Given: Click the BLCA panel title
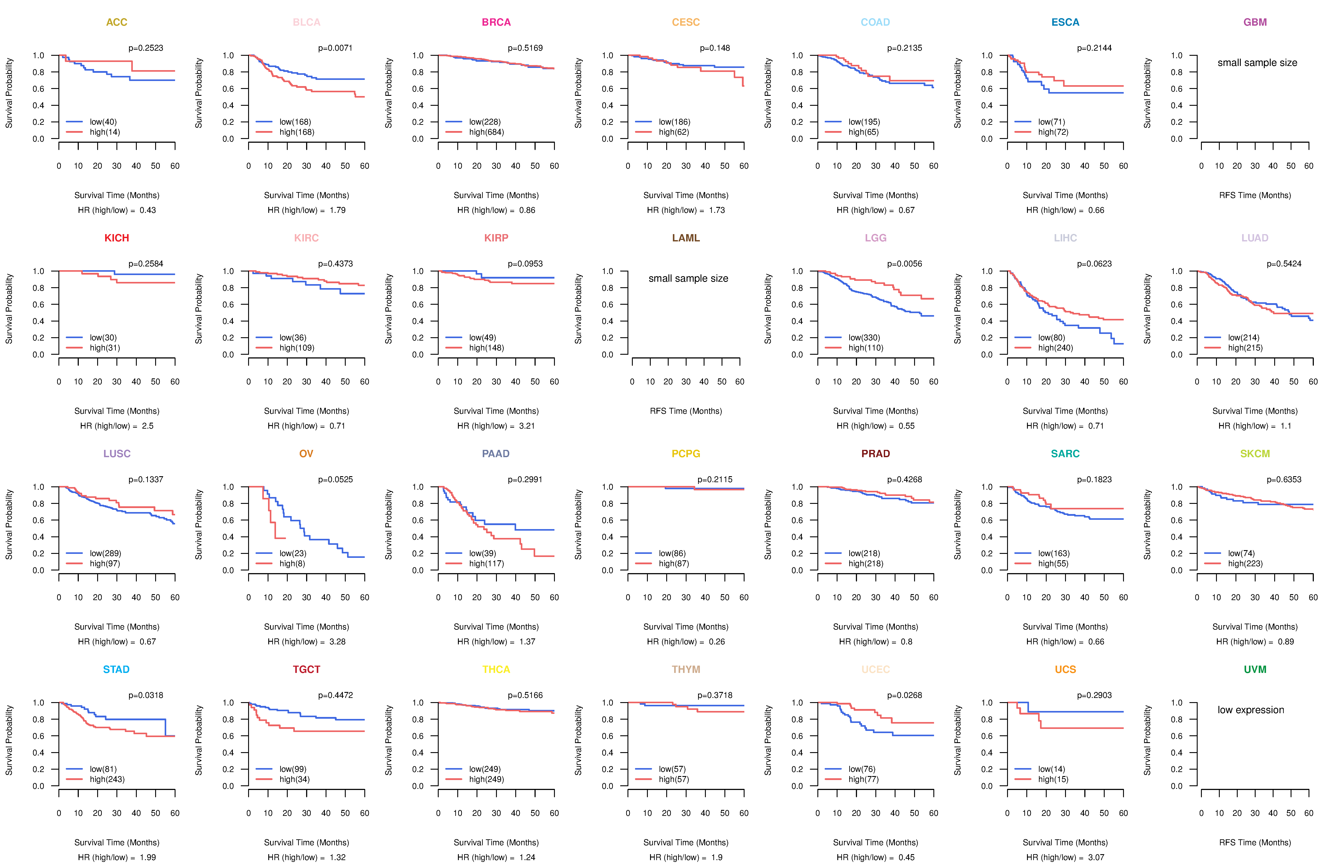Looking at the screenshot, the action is pos(306,22).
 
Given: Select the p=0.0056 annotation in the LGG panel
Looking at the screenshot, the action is pos(905,264).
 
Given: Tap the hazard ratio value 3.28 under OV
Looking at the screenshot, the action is pos(338,641).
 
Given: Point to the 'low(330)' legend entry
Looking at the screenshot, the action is pos(864,337).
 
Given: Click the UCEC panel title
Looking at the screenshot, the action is pos(875,669).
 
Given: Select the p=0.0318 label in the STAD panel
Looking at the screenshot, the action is pos(146,695).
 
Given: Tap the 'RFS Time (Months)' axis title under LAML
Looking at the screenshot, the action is pos(686,411).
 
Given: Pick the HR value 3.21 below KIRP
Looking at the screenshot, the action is pos(527,426).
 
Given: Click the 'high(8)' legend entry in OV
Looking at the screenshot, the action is pos(292,563).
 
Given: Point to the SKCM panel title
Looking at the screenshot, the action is pos(1255,454).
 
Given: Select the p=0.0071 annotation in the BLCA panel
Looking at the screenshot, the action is pos(335,48).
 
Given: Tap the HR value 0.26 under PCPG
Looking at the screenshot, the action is pos(717,641).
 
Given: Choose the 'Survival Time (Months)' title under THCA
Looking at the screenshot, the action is pos(496,842).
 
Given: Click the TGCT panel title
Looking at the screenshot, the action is pos(306,669).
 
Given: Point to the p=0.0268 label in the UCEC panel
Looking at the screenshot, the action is pos(905,695).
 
